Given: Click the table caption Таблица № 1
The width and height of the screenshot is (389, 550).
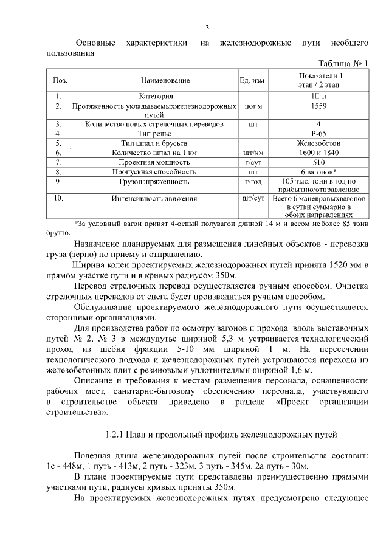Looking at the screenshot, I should click(x=343, y=64).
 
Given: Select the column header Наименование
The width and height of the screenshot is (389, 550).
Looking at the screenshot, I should click(x=165, y=80).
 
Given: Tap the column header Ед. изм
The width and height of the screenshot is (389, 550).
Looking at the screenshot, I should click(x=252, y=80).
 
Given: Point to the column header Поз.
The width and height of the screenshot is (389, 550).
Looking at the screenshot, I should click(x=60, y=80).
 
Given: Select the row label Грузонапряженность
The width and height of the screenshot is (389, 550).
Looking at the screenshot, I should click(x=154, y=182).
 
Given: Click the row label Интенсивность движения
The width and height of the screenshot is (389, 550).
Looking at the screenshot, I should click(x=154, y=199).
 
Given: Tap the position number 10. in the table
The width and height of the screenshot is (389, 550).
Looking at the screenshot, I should click(x=59, y=199).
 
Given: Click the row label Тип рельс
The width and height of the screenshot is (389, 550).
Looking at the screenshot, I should click(x=154, y=133).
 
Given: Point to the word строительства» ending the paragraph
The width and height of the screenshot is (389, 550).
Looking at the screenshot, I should click(x=77, y=413).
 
